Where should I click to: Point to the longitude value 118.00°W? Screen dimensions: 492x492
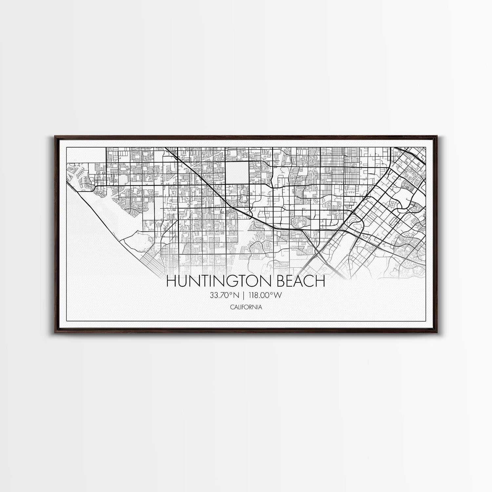(x=264, y=295)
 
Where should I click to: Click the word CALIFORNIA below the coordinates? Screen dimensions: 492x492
(x=246, y=307)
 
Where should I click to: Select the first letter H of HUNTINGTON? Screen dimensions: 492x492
(x=172, y=281)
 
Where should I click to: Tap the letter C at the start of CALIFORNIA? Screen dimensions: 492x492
(x=232, y=307)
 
